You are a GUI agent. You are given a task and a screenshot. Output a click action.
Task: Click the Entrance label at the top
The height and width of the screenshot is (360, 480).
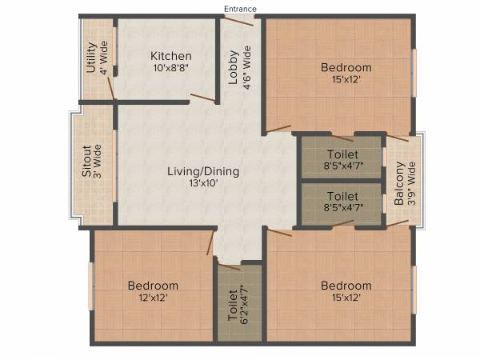(240, 9)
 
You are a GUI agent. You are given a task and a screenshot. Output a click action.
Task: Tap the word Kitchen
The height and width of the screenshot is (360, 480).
(170, 56)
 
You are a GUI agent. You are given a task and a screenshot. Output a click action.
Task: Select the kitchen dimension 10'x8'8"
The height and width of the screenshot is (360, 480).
(170, 69)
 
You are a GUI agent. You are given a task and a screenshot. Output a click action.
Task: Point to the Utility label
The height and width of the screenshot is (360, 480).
(91, 58)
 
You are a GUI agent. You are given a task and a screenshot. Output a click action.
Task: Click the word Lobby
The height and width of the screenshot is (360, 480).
(233, 68)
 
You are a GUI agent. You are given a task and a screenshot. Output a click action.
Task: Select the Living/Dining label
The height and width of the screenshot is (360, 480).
(203, 171)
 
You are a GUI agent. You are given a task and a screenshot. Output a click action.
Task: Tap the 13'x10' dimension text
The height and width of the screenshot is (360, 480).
(203, 183)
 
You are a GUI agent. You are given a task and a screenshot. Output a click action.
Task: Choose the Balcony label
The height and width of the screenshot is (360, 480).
(399, 185)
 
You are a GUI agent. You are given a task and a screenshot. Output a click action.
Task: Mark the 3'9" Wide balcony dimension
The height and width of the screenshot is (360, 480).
(412, 185)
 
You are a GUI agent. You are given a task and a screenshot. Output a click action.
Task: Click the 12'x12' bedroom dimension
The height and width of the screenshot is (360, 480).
(153, 298)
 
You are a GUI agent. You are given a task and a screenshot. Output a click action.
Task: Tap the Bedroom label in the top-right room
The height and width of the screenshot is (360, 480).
(346, 67)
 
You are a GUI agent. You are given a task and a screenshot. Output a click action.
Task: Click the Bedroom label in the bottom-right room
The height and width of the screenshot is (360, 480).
(346, 286)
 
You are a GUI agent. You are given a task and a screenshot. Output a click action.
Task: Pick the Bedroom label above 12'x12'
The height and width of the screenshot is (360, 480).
(153, 286)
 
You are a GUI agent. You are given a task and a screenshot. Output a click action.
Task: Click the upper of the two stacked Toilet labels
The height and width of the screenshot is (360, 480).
(342, 154)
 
